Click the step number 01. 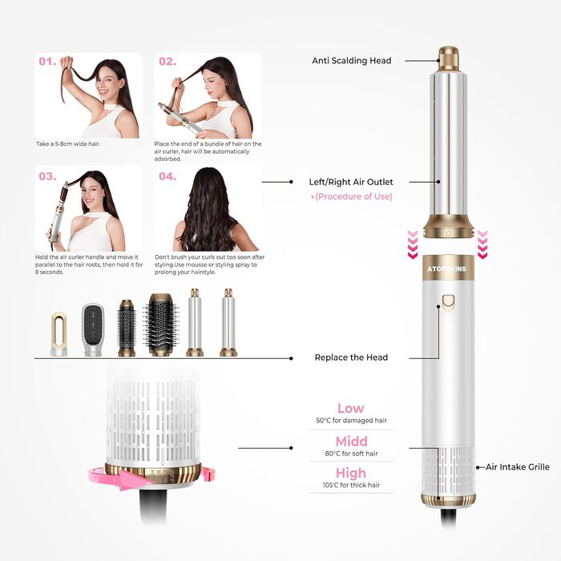[x=46, y=61]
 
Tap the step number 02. [x=167, y=61]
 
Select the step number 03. [x=46, y=176]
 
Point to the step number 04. [x=167, y=176]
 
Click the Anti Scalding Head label [x=351, y=60]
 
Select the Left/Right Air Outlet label [x=351, y=182]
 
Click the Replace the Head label [x=351, y=357]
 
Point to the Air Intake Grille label [x=518, y=466]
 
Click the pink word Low [x=350, y=408]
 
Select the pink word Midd [x=351, y=442]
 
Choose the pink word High [x=350, y=474]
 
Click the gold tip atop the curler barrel [x=448, y=58]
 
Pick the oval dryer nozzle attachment [x=59, y=333]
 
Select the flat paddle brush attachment [x=93, y=329]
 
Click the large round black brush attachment [x=161, y=325]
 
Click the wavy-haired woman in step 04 [x=207, y=212]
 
